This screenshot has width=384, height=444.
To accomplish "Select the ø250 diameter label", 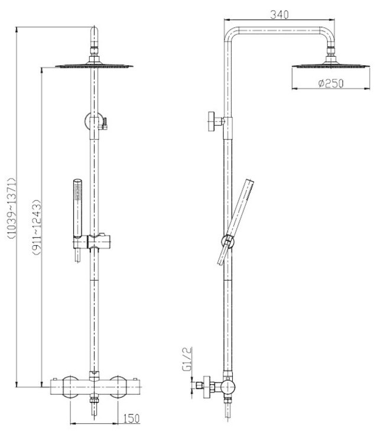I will tap(330, 84).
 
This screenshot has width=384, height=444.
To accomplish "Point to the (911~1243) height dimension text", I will tap(35, 223).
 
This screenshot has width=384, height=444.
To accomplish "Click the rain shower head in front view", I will tap(94, 67).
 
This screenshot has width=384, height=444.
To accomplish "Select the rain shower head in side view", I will tap(330, 66).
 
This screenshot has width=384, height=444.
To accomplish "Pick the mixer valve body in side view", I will tap(225, 388).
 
